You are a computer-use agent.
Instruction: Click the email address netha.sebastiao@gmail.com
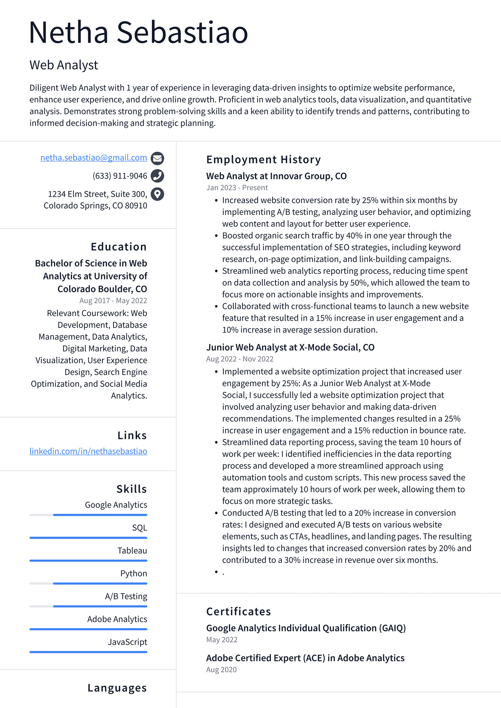coord(94,158)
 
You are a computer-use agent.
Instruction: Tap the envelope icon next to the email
coord(157,158)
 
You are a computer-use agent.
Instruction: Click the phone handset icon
coord(157,176)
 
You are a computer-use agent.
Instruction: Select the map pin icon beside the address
coord(157,194)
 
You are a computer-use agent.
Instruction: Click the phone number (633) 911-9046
coord(120,176)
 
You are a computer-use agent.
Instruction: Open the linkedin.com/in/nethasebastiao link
coord(88,451)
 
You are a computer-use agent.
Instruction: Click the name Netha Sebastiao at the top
coord(139,33)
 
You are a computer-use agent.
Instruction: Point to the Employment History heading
coord(263,159)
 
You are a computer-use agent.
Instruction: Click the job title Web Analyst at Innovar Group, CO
coord(276,176)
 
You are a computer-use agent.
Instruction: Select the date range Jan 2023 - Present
coord(237,188)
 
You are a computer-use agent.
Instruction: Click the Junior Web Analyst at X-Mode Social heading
coord(290,347)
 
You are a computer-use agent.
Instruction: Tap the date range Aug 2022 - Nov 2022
coord(239,359)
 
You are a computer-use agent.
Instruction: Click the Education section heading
coord(118,247)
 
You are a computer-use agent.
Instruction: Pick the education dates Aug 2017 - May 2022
coord(113,301)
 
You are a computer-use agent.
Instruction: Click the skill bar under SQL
coord(88,538)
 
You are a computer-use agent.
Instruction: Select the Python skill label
coord(134,573)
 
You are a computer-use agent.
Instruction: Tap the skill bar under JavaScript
coord(88,652)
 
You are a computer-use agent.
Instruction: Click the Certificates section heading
coord(238,612)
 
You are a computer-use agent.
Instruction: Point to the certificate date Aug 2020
coord(221,670)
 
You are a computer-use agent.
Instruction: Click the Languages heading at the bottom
coord(117,688)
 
